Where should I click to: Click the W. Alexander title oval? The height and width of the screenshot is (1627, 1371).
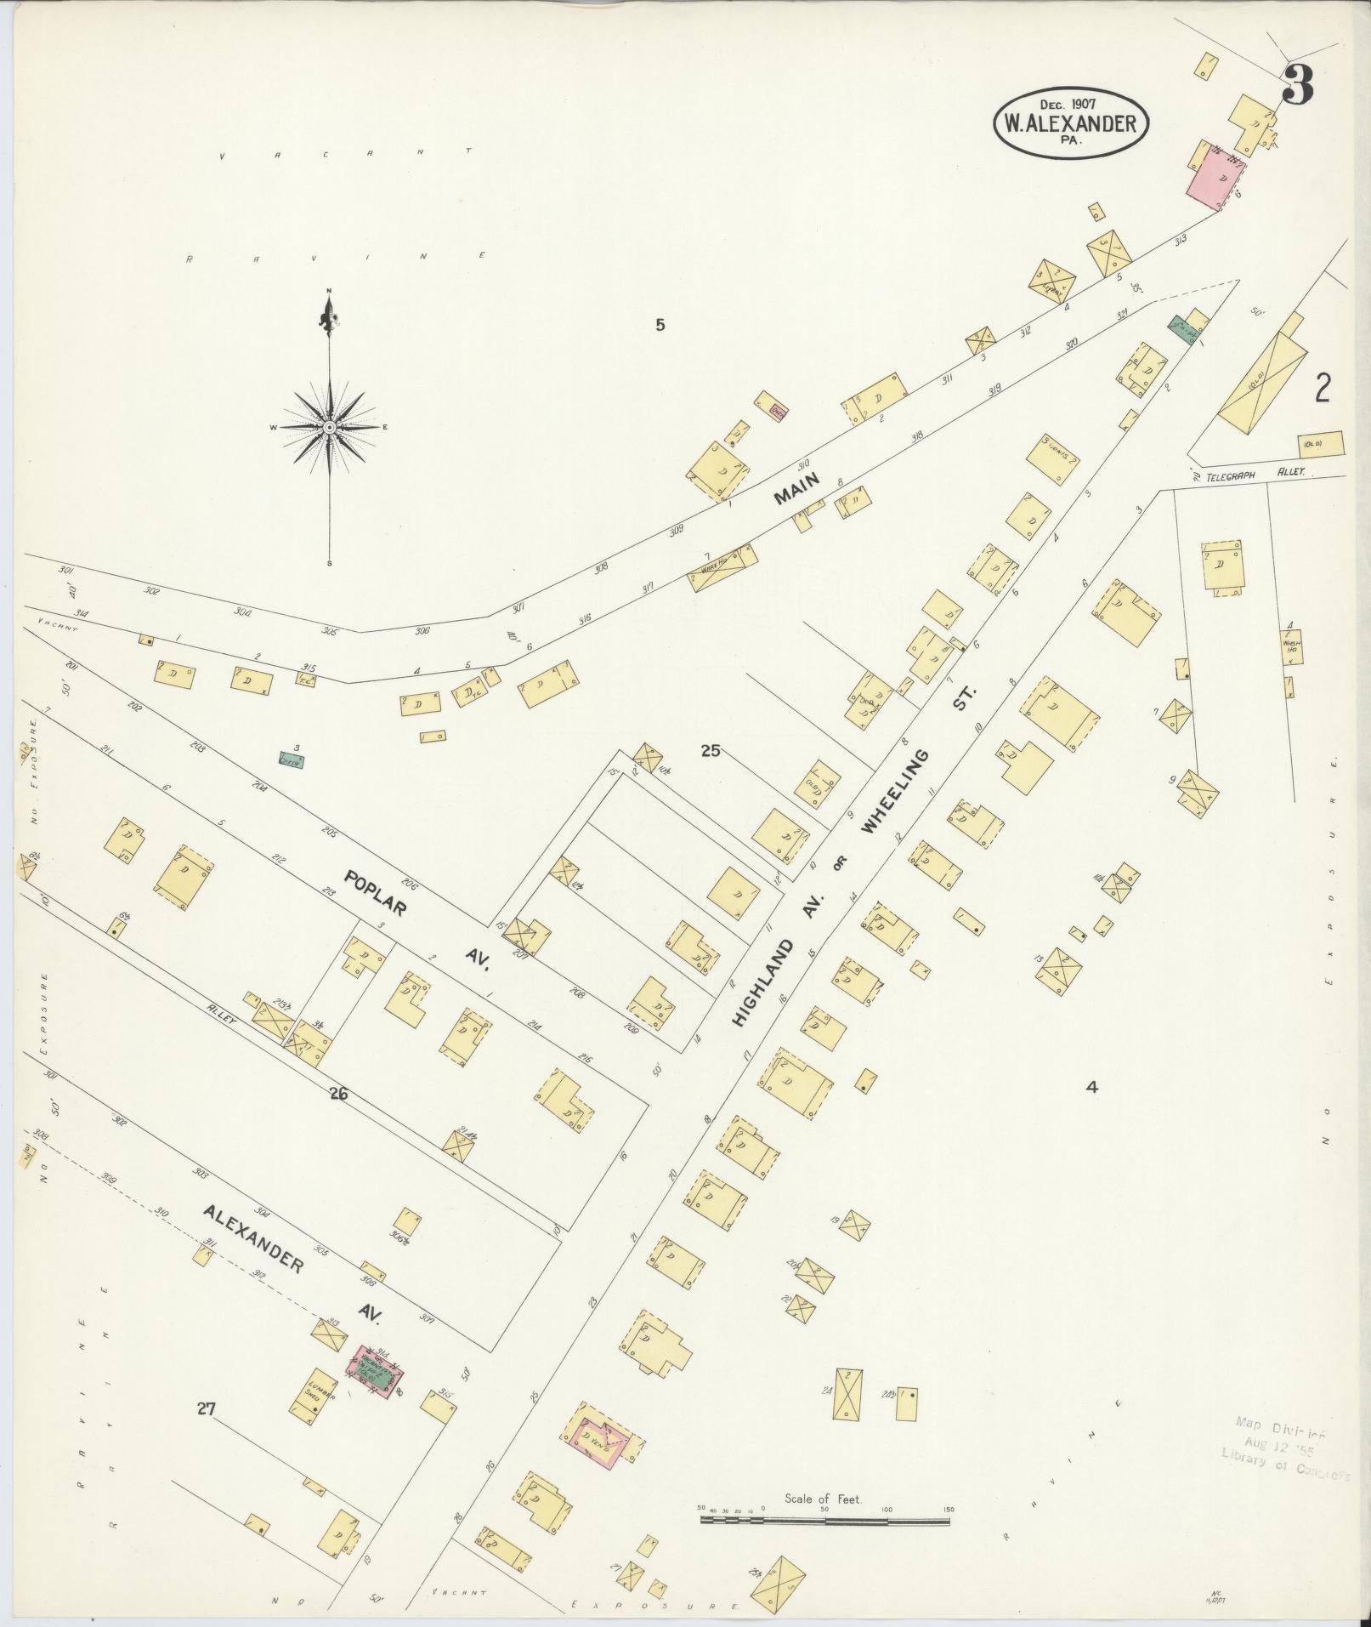(x=1070, y=124)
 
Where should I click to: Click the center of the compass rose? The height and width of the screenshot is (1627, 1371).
(x=329, y=427)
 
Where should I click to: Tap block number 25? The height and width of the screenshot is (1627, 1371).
(x=711, y=750)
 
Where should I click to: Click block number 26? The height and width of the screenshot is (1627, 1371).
(x=338, y=1095)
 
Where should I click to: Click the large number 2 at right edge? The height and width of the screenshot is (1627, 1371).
(x=1323, y=389)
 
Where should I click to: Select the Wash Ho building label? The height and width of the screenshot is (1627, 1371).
(x=1291, y=646)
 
